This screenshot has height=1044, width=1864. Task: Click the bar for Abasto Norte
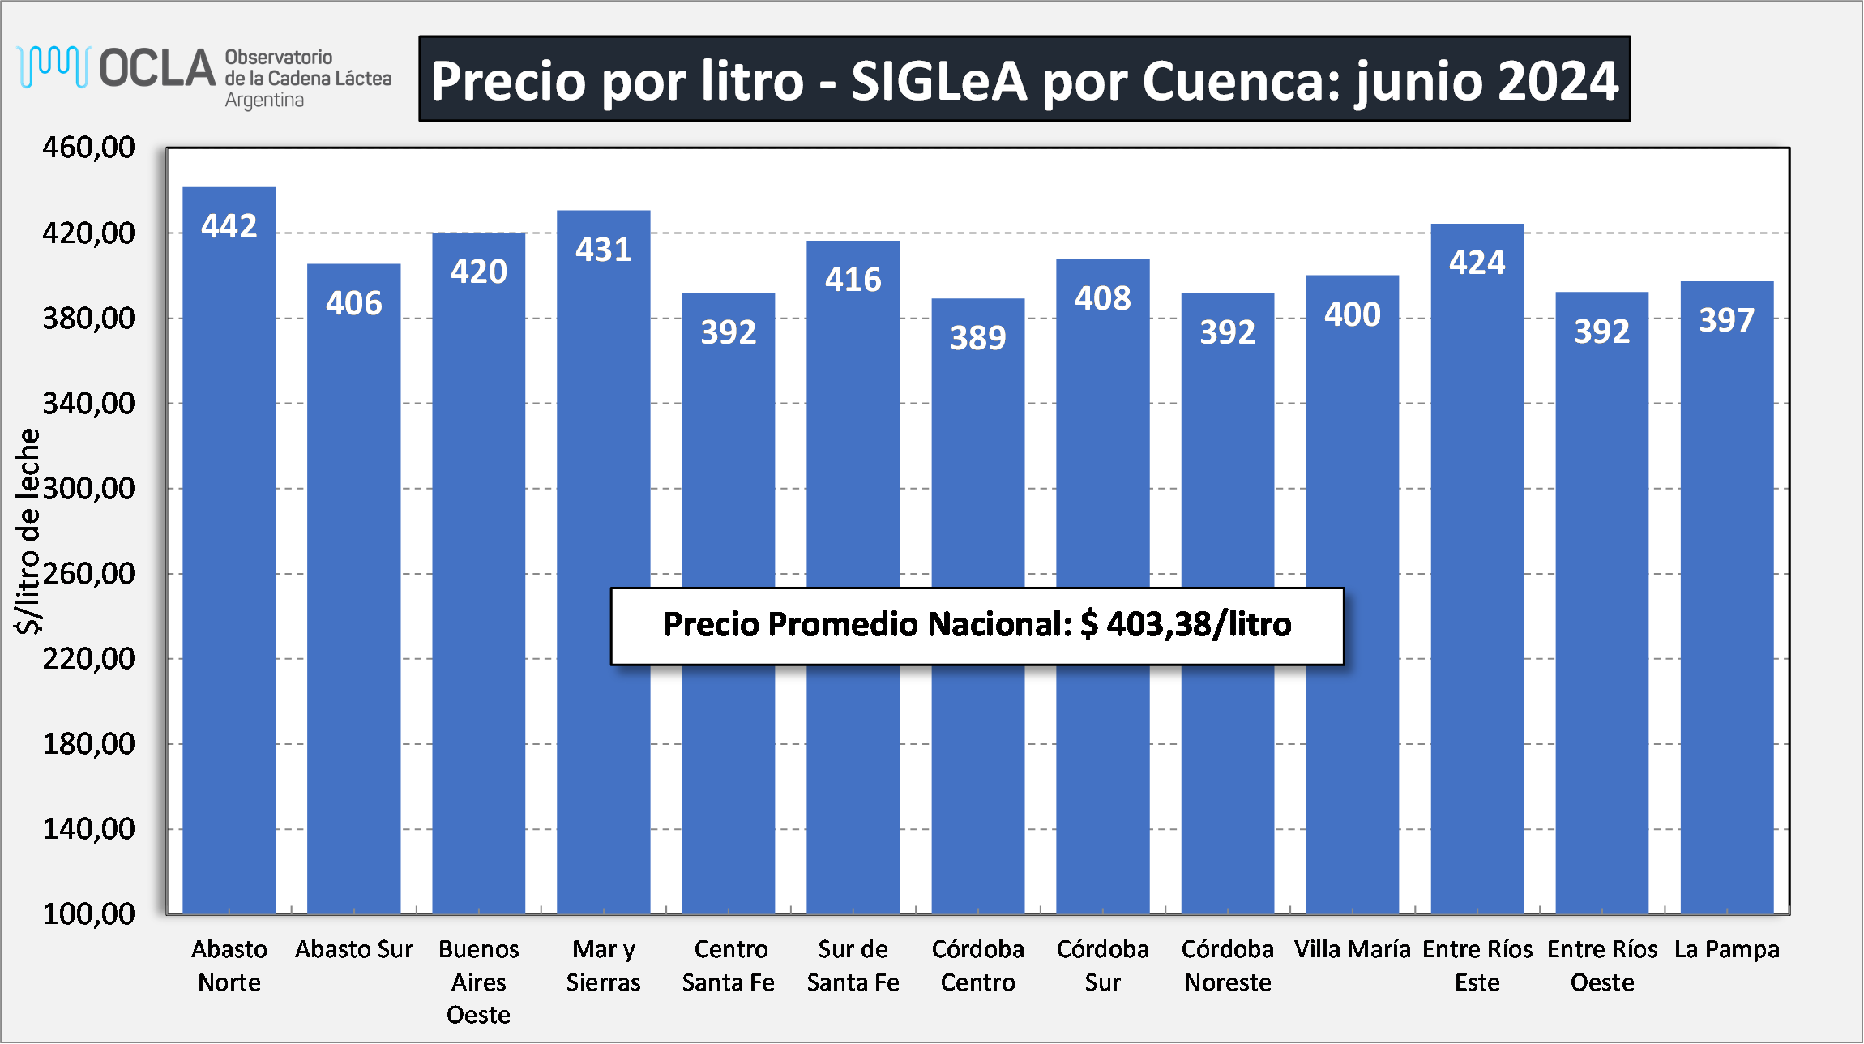click(229, 551)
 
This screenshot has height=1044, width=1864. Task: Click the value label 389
click(977, 337)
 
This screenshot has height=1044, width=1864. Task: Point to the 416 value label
click(853, 280)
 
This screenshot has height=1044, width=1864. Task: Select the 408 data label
click(1102, 298)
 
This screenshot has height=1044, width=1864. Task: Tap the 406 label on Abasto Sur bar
click(353, 303)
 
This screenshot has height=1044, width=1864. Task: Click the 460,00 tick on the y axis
click(88, 148)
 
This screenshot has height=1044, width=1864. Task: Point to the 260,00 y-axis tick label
click(88, 574)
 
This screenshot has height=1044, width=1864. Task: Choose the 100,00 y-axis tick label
click(88, 914)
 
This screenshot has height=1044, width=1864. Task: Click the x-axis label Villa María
click(1352, 949)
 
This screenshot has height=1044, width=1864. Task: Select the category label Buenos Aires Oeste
click(478, 982)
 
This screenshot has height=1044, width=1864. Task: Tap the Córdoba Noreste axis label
click(1227, 965)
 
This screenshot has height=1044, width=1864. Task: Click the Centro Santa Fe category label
click(728, 965)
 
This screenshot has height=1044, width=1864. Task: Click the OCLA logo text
click(157, 68)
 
